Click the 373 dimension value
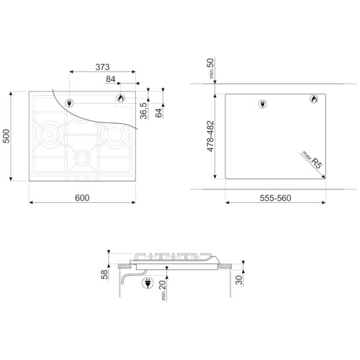[x=102, y=67]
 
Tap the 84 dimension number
[x=110, y=79]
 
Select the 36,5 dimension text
[x=143, y=111]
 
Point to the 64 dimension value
[x=158, y=113]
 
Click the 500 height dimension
[x=6, y=136]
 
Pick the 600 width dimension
[x=82, y=198]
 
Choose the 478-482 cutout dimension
[x=210, y=136]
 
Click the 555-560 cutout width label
[x=275, y=198]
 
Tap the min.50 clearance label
[x=210, y=68]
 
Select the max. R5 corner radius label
[x=312, y=160]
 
